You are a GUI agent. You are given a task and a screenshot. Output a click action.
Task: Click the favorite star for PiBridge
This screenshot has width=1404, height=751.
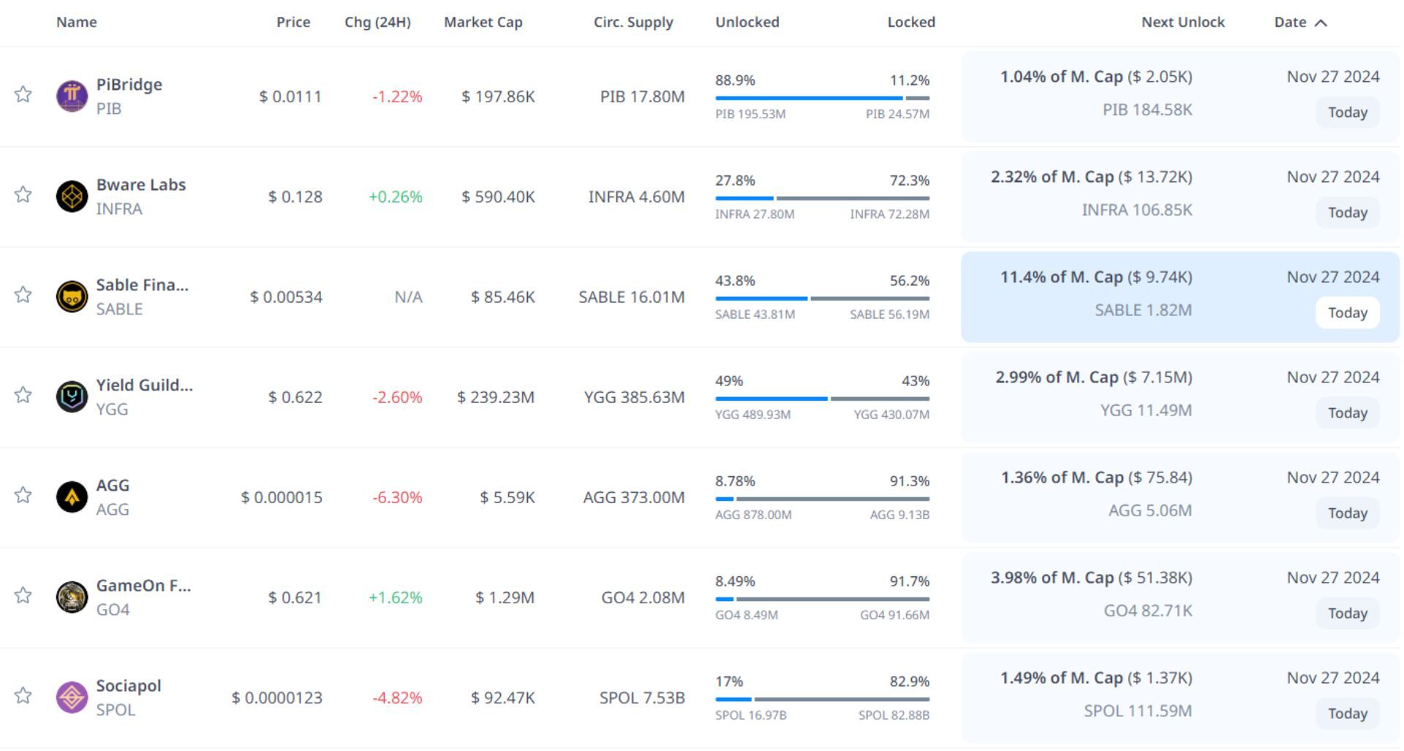click(23, 94)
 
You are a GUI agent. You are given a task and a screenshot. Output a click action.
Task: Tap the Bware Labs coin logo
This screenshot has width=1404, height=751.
click(72, 196)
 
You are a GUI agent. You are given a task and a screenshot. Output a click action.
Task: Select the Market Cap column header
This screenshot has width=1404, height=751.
click(483, 23)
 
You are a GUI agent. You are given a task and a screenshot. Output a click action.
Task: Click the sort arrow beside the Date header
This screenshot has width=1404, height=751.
click(1321, 23)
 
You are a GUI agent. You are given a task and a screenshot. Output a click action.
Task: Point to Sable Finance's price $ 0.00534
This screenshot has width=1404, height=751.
click(286, 297)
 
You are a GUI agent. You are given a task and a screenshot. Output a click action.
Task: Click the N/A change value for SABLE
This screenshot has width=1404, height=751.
click(408, 297)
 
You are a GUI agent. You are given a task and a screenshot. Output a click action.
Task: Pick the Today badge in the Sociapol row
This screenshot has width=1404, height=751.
click(1347, 714)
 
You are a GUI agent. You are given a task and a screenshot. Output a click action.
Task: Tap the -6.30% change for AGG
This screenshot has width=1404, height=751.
click(397, 497)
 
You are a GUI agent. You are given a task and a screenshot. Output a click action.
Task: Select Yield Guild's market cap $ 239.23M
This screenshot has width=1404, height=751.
click(496, 397)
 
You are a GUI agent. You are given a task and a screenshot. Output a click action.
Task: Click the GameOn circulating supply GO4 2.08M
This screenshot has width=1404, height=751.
click(643, 597)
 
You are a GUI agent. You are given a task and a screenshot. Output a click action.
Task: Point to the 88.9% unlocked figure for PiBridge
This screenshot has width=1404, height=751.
click(735, 80)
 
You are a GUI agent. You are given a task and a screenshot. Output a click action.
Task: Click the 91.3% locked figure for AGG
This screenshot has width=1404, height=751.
click(909, 481)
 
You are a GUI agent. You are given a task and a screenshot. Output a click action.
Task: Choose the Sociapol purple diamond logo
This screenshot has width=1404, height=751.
click(72, 698)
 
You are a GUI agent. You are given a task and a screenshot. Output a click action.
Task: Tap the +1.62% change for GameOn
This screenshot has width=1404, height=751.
click(396, 597)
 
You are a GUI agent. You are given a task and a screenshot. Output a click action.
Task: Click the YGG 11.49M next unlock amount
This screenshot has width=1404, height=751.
click(1146, 410)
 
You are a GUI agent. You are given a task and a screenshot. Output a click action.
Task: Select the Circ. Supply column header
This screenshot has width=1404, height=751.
click(633, 23)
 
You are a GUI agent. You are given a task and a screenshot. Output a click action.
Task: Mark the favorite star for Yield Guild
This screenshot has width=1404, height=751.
click(23, 395)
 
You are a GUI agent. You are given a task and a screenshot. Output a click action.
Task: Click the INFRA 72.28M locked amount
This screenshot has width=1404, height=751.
click(889, 214)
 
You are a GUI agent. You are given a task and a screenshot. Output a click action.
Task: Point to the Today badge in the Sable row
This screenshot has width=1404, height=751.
click(1347, 313)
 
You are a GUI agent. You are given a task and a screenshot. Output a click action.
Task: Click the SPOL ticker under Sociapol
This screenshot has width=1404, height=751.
click(116, 710)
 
